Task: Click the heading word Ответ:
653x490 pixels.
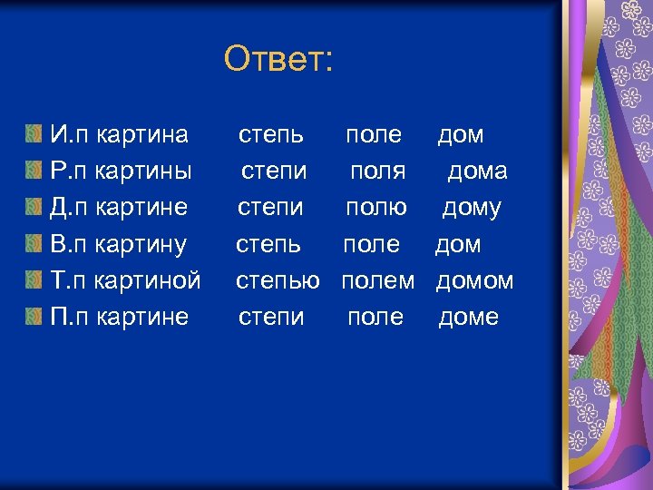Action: [279, 60]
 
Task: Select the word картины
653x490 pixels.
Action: [144, 171]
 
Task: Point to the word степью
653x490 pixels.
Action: [278, 281]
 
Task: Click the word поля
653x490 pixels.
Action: [378, 171]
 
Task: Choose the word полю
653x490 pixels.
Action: [375, 208]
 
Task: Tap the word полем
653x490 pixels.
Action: [377, 280]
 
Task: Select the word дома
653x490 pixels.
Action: [477, 171]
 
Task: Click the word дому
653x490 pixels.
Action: [472, 208]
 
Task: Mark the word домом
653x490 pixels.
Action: [474, 280]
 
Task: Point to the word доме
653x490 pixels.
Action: [468, 317]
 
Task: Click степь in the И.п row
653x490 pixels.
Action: [271, 136]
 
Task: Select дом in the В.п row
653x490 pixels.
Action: [458, 244]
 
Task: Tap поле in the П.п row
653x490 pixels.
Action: [375, 317]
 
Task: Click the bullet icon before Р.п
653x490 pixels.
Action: [34, 171]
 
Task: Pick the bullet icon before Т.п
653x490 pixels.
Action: [34, 280]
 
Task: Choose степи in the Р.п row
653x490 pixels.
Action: [274, 171]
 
